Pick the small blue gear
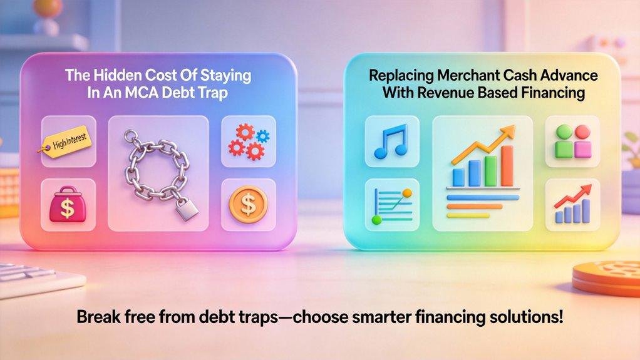tap(263, 135)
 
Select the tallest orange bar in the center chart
tap(506, 165)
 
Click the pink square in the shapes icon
tap(583, 148)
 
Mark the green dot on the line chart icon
tap(376, 220)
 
